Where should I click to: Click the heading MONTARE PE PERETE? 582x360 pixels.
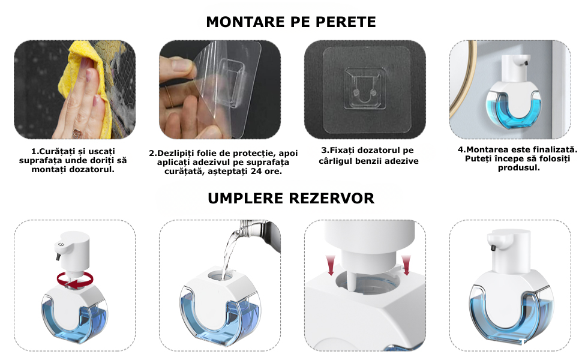291,22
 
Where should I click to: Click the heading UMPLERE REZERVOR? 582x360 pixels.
291,198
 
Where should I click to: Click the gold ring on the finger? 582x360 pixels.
169,97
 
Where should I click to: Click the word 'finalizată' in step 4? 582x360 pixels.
555,149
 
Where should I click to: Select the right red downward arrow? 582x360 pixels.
406,265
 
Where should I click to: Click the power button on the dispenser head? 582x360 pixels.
61,244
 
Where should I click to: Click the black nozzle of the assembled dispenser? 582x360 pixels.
493,248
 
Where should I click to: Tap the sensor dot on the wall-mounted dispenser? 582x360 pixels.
526,63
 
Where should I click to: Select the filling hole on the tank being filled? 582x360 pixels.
221,275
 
